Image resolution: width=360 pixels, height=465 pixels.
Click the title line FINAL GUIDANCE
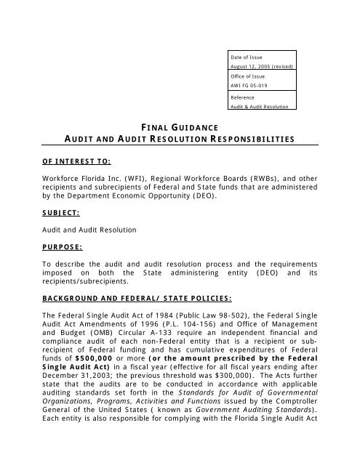pyautogui.click(x=180, y=127)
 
